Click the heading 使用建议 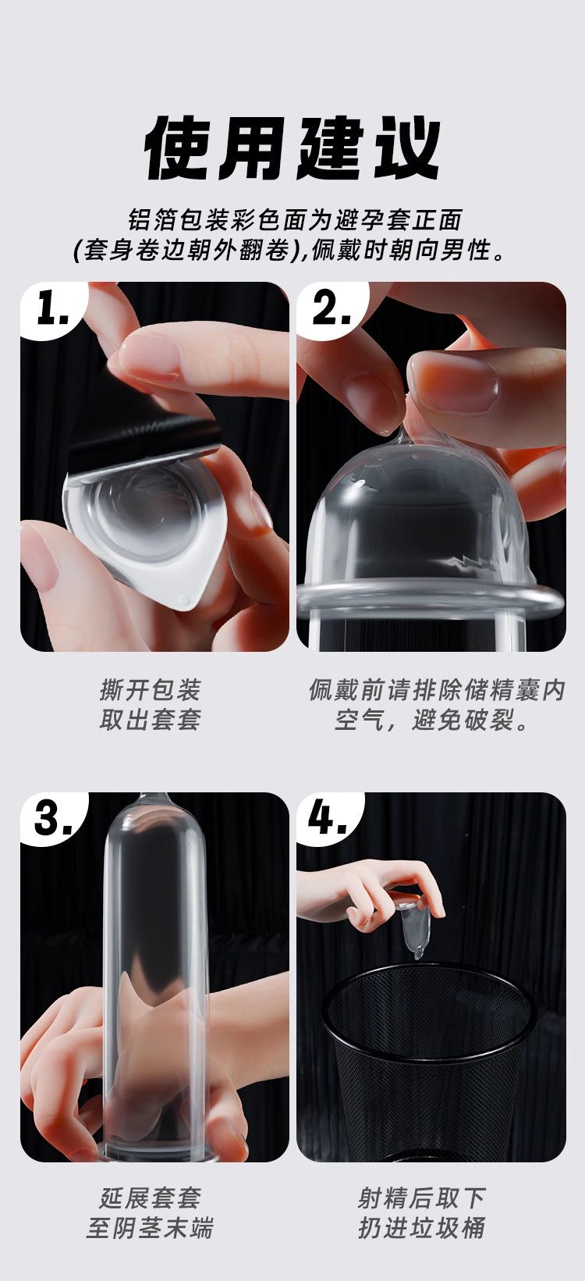(292, 148)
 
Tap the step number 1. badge (52, 309)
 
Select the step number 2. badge (331, 309)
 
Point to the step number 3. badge (52, 819)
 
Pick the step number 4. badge (328, 819)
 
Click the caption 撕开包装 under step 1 (151, 690)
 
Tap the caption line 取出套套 (151, 719)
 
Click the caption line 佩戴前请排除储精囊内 (437, 690)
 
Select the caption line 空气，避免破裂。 (432, 720)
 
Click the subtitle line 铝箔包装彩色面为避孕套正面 (294, 220)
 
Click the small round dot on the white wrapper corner (183, 600)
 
